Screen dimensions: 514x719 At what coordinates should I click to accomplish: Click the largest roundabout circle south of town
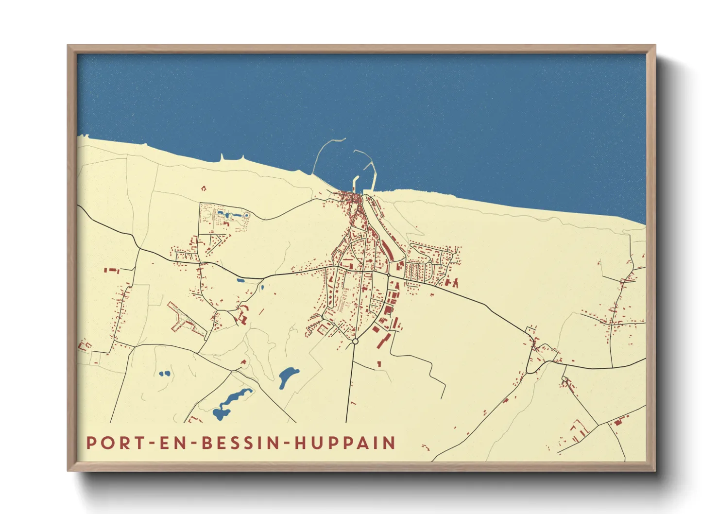pyautogui.click(x=355, y=342)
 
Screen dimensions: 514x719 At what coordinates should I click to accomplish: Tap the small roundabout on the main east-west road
pyautogui.click(x=389, y=275)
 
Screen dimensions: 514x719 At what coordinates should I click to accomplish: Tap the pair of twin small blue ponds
pyautogui.click(x=164, y=374)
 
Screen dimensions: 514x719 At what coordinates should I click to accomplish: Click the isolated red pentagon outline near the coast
pyautogui.click(x=203, y=188)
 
